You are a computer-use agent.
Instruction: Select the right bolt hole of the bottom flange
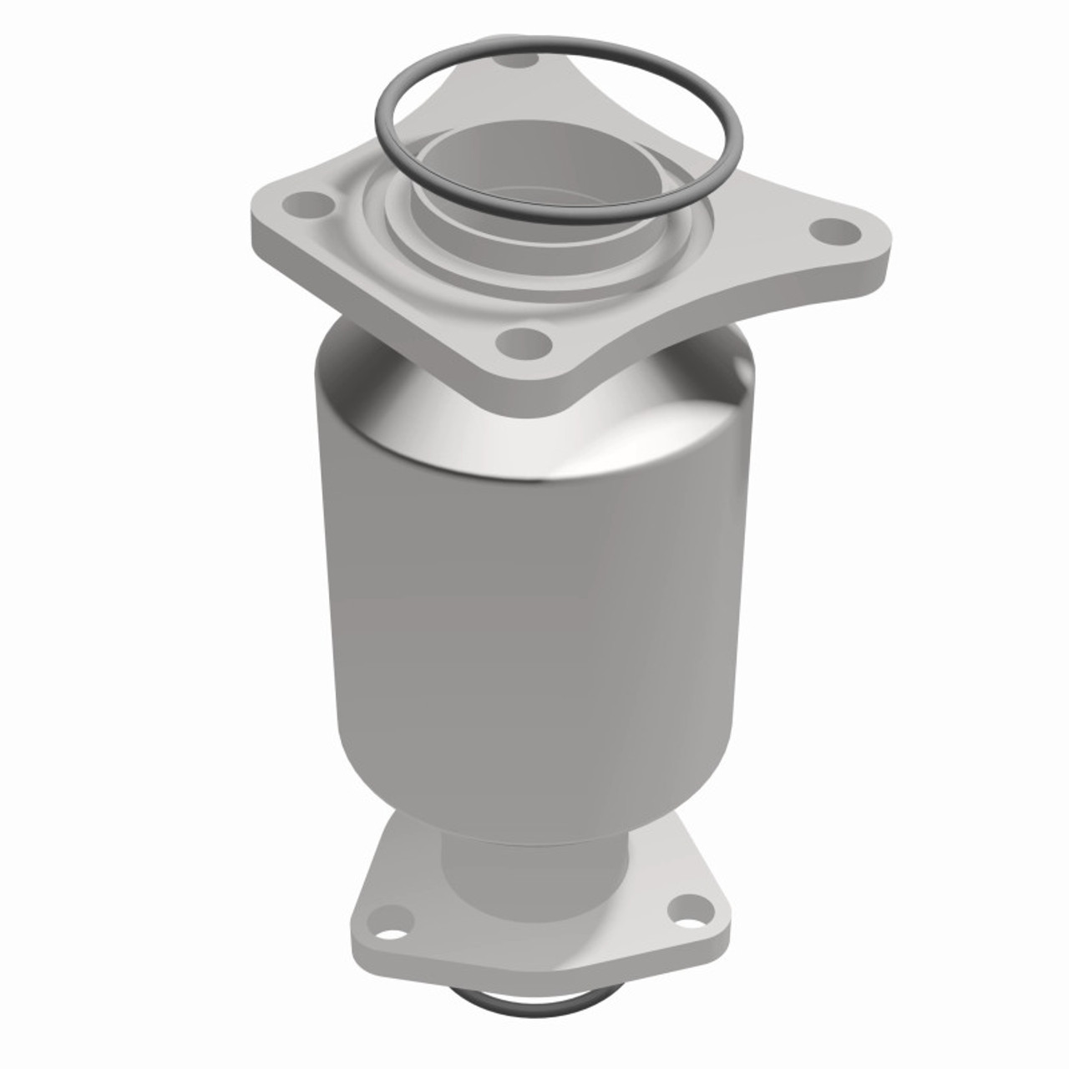tap(689, 904)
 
